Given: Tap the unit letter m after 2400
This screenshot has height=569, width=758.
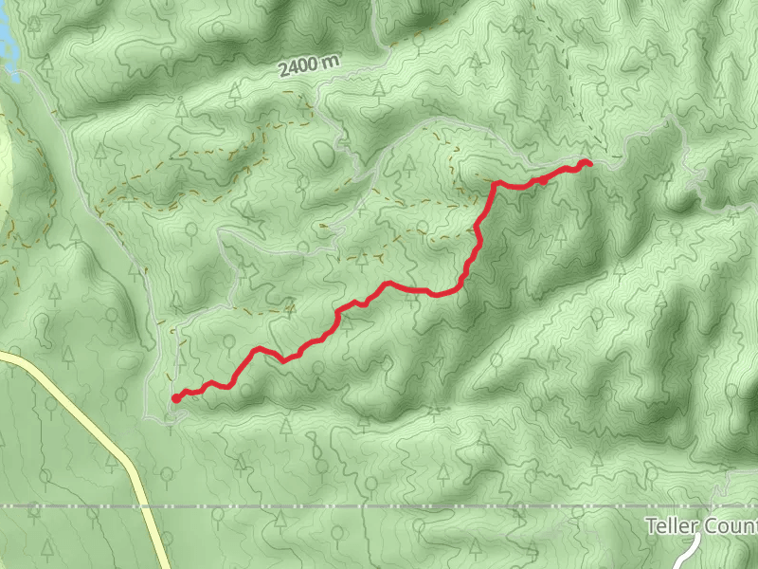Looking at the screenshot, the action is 330,61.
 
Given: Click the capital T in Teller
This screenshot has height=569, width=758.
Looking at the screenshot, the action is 651,526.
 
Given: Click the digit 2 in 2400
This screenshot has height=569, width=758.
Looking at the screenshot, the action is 284,71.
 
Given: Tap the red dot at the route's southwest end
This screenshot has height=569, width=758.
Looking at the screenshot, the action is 176,398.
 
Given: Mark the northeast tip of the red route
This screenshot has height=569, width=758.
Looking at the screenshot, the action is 589,164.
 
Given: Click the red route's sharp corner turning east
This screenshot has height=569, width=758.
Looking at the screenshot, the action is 495,183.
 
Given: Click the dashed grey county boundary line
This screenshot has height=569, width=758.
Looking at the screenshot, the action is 379,506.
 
